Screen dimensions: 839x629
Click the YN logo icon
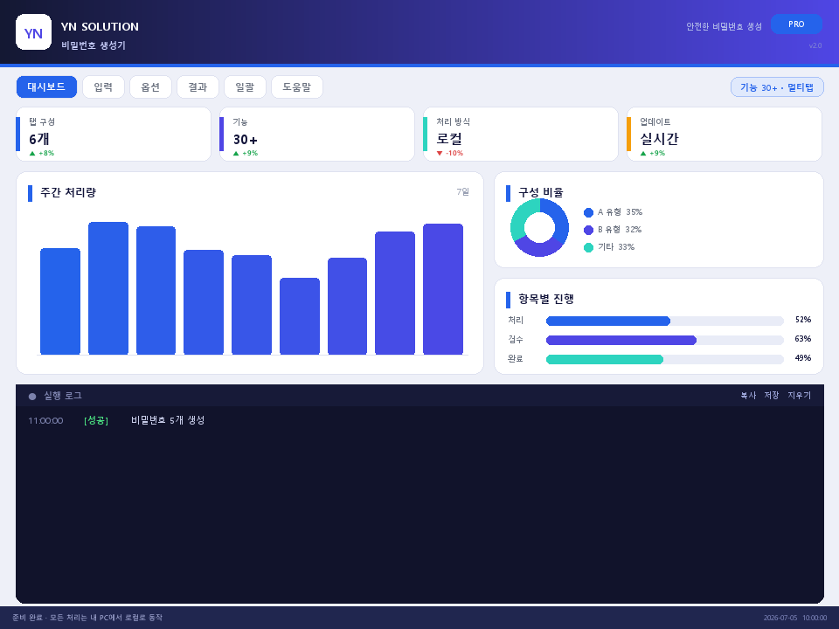(34, 32)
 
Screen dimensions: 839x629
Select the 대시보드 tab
(46, 86)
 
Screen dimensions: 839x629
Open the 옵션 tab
(150, 86)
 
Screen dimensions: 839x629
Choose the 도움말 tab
(297, 86)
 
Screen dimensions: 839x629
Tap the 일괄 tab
(245, 86)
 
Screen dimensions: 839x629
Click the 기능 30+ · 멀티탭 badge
(777, 87)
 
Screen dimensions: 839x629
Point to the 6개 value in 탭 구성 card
(39, 139)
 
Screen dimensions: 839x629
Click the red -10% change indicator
(450, 153)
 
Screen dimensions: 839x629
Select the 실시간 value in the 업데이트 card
(659, 139)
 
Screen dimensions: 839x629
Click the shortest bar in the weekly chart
(300, 316)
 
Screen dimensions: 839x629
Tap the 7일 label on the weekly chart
(463, 191)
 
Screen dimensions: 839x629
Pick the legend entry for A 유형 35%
(614, 212)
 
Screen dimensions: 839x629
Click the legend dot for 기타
(588, 247)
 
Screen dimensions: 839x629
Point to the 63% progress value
(802, 339)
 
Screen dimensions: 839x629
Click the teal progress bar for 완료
(605, 359)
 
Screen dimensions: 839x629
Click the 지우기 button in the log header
(799, 395)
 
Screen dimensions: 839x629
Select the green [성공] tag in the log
(96, 420)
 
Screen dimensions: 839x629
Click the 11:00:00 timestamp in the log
(45, 421)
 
